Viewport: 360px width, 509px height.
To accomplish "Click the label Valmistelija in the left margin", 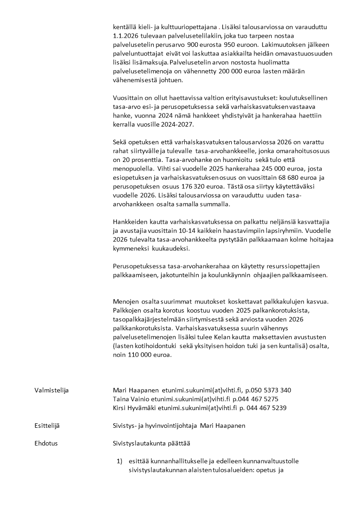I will click(x=51, y=390).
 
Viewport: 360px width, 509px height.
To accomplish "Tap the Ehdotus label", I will click(x=46, y=443).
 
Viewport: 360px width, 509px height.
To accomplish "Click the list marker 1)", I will click(x=120, y=461).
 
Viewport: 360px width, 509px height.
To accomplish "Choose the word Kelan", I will click(x=224, y=338).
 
